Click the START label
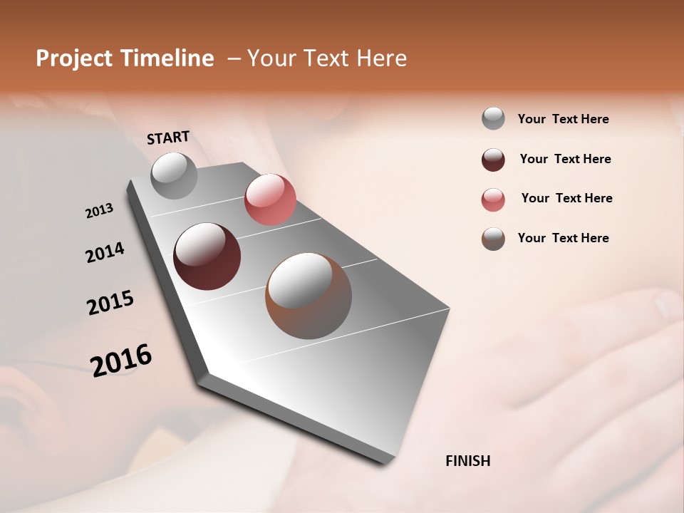tap(168, 138)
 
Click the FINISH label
tap(467, 461)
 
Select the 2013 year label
tap(99, 211)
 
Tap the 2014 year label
tap(105, 253)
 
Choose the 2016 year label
tap(121, 361)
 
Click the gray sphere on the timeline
tap(174, 176)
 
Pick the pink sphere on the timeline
tap(270, 199)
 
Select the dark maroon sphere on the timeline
tap(207, 256)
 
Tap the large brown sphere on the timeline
tap(309, 296)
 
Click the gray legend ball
tap(493, 119)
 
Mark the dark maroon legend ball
tap(493, 160)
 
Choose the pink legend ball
tap(493, 199)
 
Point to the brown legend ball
tap(493, 239)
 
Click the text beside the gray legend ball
tap(563, 120)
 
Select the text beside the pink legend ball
tap(566, 198)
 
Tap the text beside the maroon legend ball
tap(565, 159)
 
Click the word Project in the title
tap(75, 58)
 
